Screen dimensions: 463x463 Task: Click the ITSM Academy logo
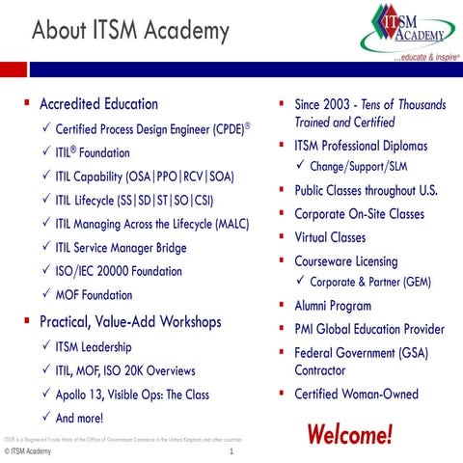[x=408, y=34]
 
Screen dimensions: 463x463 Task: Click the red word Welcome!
[x=349, y=433]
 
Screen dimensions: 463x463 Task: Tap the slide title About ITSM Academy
[x=130, y=32]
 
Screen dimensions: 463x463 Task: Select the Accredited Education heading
[x=98, y=104]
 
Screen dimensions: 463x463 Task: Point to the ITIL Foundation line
[x=93, y=152]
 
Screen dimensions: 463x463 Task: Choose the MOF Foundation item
[x=95, y=295]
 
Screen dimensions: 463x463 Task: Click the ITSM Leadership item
[x=94, y=346]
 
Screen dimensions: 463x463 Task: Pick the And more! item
[x=79, y=418]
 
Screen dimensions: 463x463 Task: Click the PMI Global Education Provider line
[x=369, y=329]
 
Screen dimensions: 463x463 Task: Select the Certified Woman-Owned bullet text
[x=356, y=394]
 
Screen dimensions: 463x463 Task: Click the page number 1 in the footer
[x=232, y=451]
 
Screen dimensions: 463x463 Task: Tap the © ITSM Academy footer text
[x=28, y=451]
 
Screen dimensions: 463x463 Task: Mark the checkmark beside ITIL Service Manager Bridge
[x=44, y=248]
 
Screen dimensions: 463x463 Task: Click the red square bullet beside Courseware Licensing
[x=280, y=260]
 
